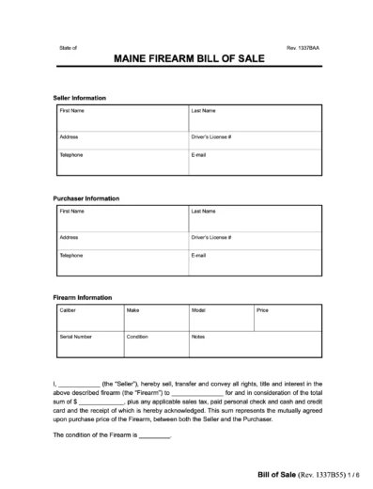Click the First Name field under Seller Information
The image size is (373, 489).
coord(120,118)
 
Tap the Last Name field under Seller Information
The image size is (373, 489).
coord(255,118)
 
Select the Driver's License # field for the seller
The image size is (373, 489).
coord(255,140)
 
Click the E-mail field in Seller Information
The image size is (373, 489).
coord(255,161)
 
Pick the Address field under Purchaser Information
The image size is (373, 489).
coord(120,242)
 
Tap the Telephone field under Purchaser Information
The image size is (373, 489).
coord(120,262)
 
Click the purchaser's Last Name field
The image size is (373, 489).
coord(255,219)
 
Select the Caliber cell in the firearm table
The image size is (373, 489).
coord(88,315)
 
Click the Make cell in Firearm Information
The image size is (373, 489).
coord(154,315)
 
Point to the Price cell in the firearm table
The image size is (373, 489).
coord(287,315)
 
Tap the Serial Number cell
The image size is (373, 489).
coord(88,344)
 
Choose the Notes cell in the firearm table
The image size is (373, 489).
coord(254,344)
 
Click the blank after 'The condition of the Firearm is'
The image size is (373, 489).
coord(155,436)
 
